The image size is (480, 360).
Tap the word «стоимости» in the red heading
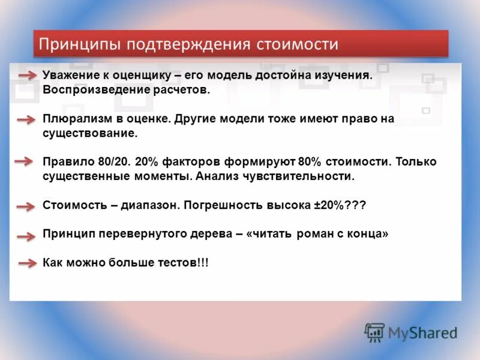pos(297,45)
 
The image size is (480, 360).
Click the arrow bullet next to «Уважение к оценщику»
pos(26,75)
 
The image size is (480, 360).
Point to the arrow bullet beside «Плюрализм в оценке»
pos(26,119)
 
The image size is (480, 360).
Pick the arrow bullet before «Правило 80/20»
pos(25,162)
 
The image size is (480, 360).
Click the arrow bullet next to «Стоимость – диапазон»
pos(26,206)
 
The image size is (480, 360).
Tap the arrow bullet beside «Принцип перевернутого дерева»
pos(26,236)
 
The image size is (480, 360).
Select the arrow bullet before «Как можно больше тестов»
pos(26,263)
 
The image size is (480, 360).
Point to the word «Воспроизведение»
pos(86,90)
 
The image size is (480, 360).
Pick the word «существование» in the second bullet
pos(90,133)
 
